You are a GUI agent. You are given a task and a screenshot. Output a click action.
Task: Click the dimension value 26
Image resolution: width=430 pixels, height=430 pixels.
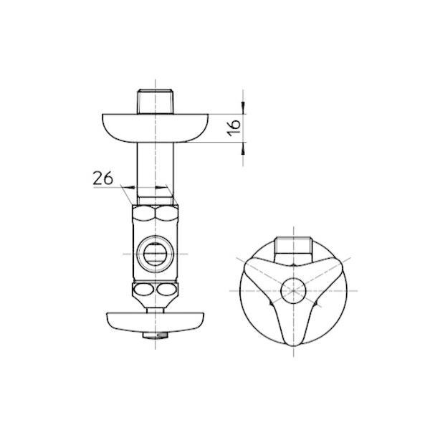(x=103, y=177)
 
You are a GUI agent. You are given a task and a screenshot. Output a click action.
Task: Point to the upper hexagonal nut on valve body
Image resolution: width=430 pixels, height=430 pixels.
(x=155, y=213)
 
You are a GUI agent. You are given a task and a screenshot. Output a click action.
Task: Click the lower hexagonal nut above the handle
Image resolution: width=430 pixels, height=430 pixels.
(x=155, y=290)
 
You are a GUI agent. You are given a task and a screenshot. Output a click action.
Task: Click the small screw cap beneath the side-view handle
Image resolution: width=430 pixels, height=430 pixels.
(x=155, y=335)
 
